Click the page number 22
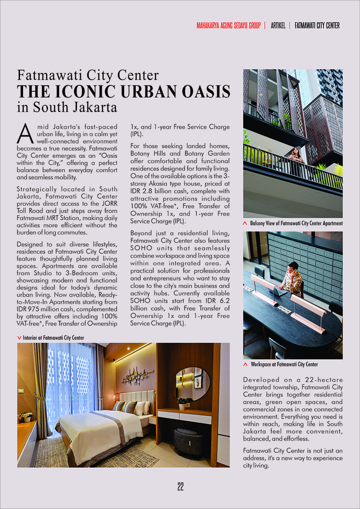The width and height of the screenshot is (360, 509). pos(180,487)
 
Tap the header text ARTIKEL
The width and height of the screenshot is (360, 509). pos(278,26)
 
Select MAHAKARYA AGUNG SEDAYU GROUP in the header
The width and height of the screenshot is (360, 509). pos(228,26)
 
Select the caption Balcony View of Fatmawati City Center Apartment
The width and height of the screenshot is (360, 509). pos(296,223)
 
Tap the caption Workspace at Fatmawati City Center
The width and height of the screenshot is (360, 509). pos(284,364)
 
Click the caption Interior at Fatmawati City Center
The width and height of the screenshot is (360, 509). pos(53,338)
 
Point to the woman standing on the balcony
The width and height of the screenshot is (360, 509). pos(295,155)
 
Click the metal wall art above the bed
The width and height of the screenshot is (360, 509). pos(137,376)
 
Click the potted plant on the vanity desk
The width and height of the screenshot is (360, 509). pos(185,402)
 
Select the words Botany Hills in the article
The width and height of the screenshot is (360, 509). pos(147,153)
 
